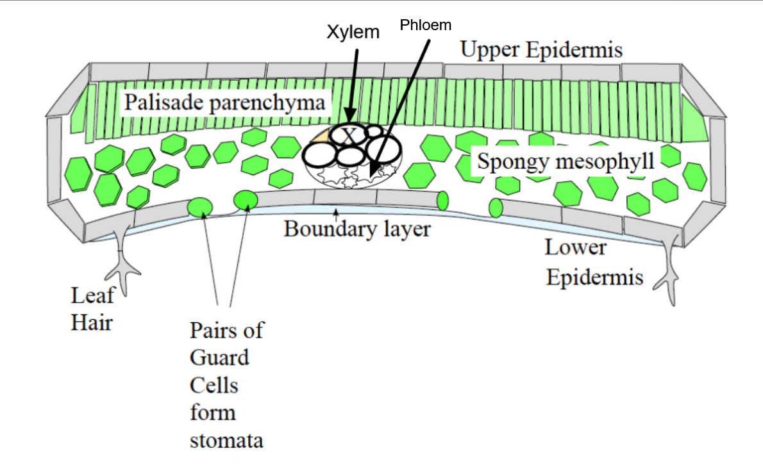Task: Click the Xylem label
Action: [353, 33]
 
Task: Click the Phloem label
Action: [426, 25]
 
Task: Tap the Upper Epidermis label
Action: [541, 50]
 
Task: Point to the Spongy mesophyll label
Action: [565, 161]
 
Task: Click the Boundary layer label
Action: [357, 229]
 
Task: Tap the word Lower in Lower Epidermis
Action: [575, 247]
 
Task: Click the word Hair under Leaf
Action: [91, 322]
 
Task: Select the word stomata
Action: [226, 441]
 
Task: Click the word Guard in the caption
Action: [219, 358]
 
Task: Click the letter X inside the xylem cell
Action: [349, 136]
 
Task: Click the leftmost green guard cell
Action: [200, 206]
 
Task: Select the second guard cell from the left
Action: [246, 201]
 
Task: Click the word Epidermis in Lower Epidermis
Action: [594, 277]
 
